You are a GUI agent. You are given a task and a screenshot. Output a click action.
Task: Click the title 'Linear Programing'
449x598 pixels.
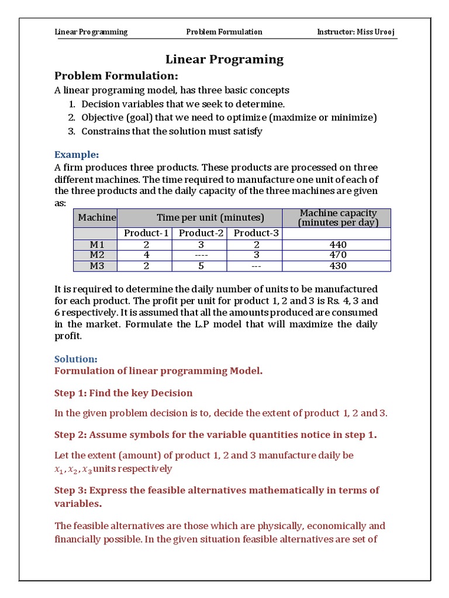224,59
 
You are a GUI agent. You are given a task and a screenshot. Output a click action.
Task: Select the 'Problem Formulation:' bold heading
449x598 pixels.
116,76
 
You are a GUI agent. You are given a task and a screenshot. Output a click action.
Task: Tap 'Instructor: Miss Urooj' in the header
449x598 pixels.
357,32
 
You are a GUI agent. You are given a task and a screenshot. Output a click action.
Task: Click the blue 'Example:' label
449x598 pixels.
77,154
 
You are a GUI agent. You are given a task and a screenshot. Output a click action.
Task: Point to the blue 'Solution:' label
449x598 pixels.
76,359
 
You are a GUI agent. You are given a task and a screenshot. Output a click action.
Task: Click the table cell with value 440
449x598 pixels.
337,245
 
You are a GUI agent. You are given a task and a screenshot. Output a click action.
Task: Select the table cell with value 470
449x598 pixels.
337,255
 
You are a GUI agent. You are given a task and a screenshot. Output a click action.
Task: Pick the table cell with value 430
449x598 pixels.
337,266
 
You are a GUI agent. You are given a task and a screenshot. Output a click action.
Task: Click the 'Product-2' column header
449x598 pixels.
201,233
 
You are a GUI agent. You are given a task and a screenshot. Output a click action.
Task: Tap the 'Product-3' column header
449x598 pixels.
256,233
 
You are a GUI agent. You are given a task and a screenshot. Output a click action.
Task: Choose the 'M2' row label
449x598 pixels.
95,255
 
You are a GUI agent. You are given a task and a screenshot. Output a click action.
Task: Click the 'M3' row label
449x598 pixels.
95,266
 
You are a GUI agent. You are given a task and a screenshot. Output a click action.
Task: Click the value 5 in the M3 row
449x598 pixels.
201,266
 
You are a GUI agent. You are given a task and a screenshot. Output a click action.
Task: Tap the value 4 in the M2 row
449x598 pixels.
146,255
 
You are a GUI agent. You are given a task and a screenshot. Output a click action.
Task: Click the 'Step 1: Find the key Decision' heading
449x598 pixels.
123,393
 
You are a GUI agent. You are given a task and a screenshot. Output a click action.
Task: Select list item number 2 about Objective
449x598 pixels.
229,117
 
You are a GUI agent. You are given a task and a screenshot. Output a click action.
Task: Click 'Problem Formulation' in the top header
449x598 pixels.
224,32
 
